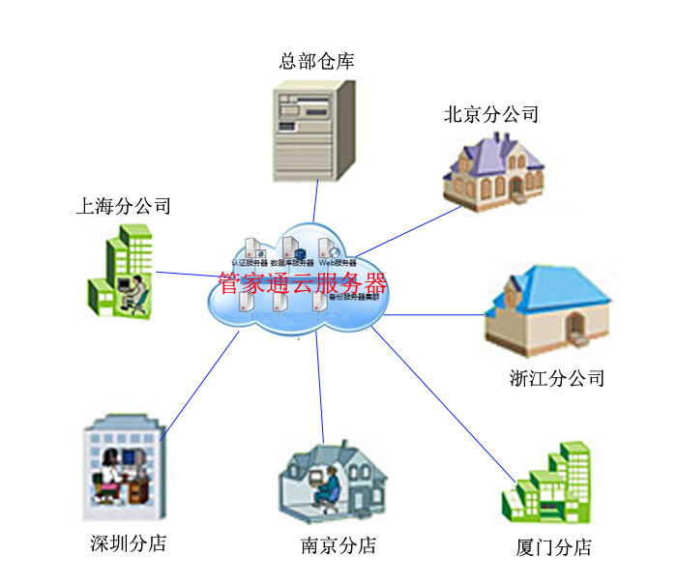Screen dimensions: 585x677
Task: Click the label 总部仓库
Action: (316, 61)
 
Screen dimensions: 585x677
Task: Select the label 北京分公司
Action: (490, 114)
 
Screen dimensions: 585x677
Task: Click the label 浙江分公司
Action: (556, 378)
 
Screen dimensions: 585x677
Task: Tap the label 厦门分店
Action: (553, 547)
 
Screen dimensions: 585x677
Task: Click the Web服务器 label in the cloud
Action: (338, 262)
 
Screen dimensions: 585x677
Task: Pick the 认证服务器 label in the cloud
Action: (249, 262)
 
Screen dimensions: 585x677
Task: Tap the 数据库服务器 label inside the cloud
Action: (292, 262)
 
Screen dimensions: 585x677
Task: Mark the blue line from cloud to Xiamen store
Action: (445, 406)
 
